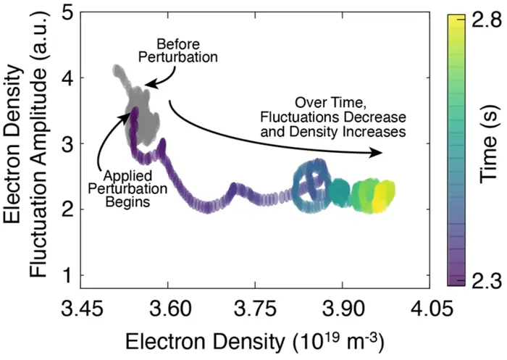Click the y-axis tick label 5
66,12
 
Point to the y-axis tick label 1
66,275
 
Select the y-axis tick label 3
66,144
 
